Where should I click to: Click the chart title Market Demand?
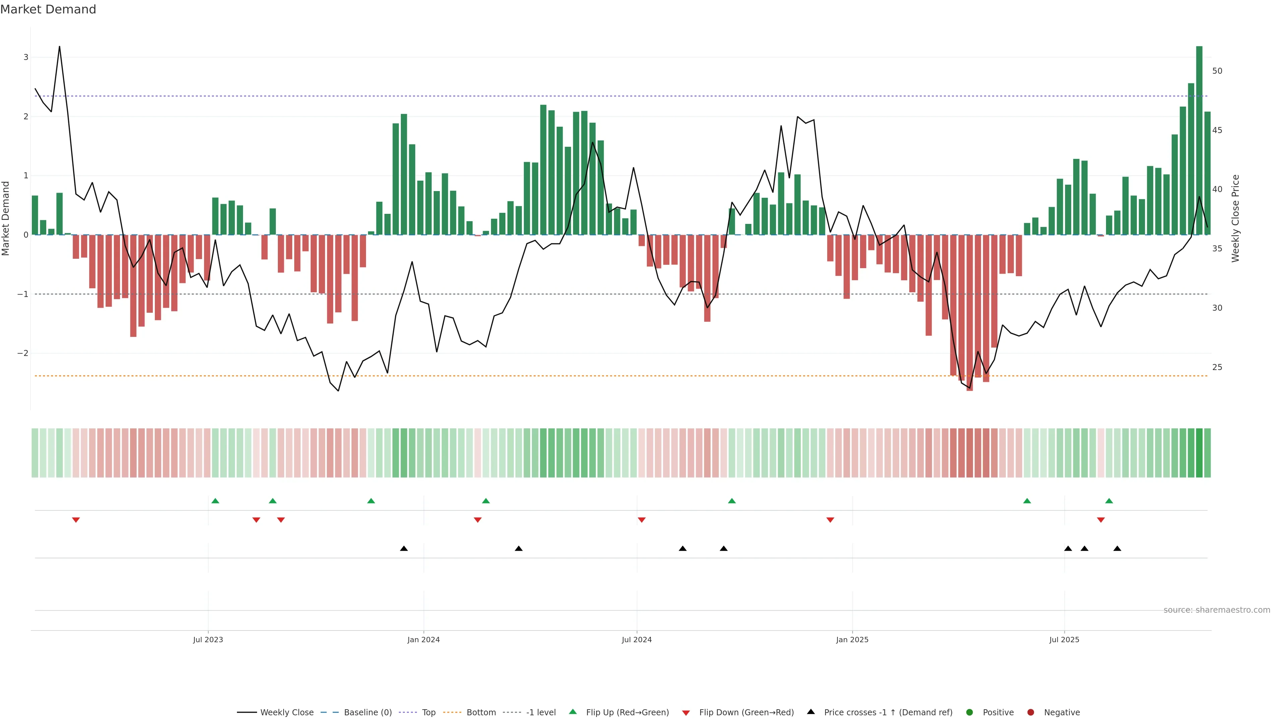pos(48,9)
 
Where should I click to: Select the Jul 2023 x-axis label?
pos(208,640)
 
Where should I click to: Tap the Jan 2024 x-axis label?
pos(423,640)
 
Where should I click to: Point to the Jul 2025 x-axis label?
pos(1064,640)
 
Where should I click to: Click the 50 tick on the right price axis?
pos(1217,71)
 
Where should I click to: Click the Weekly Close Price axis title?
pos(1235,218)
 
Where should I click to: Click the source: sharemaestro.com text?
pos(1217,610)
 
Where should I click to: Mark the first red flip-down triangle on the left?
pos(76,520)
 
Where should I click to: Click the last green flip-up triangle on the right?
pos(1109,501)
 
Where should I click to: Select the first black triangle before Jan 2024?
pos(404,549)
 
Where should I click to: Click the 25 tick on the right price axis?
pos(1217,367)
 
